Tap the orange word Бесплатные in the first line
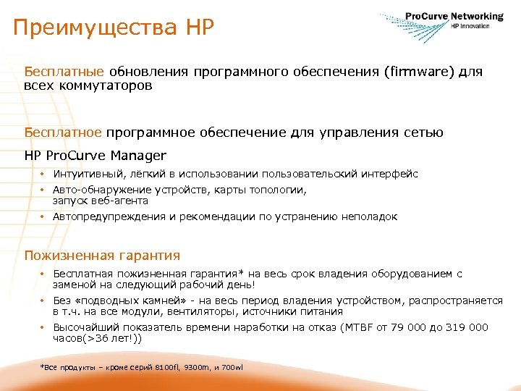click(65, 72)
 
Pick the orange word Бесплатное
click(64, 133)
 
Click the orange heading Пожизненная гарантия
click(102, 255)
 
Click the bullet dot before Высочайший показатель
click(43, 328)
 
